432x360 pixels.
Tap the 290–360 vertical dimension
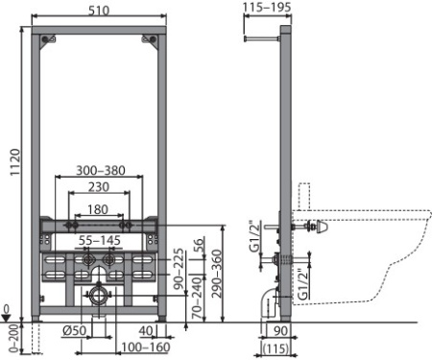(x=218, y=274)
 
